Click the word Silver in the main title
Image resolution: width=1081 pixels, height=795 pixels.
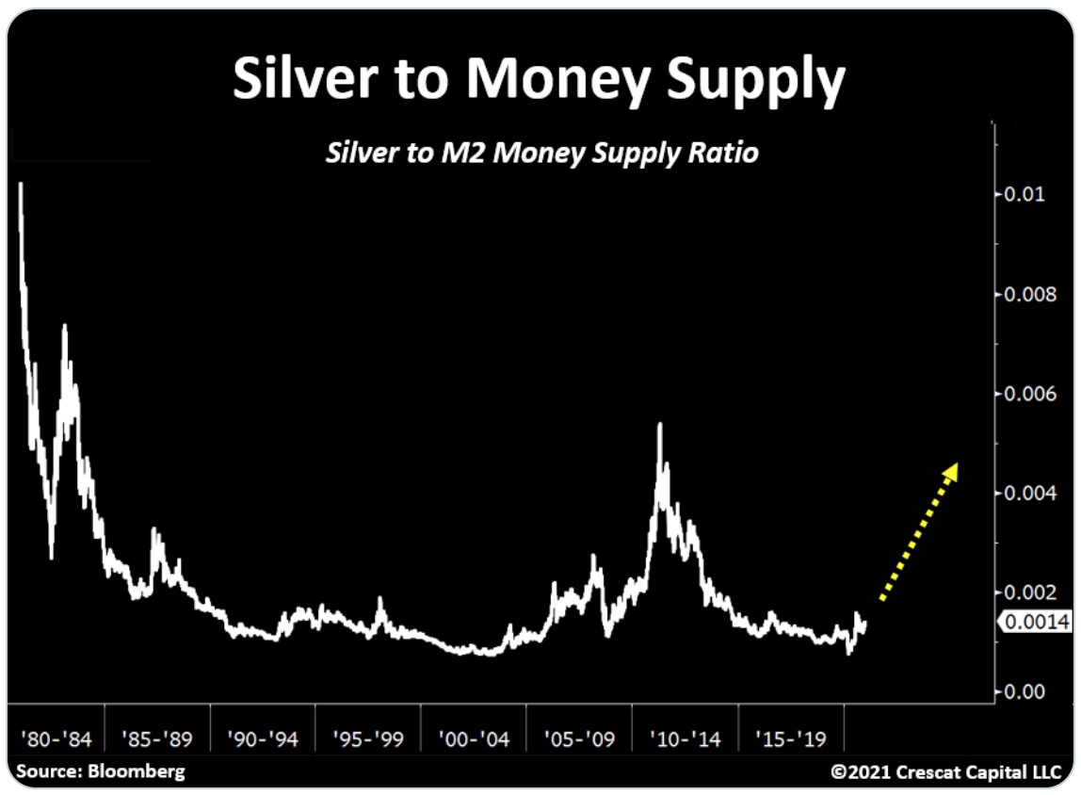(296, 80)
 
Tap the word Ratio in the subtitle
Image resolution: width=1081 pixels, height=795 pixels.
(720, 153)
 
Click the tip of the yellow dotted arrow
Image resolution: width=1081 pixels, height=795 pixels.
(955, 464)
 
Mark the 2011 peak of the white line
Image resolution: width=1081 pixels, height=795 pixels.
(659, 425)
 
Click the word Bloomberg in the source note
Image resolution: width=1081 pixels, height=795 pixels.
(138, 771)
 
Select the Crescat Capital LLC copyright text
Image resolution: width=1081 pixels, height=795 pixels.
(946, 772)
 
